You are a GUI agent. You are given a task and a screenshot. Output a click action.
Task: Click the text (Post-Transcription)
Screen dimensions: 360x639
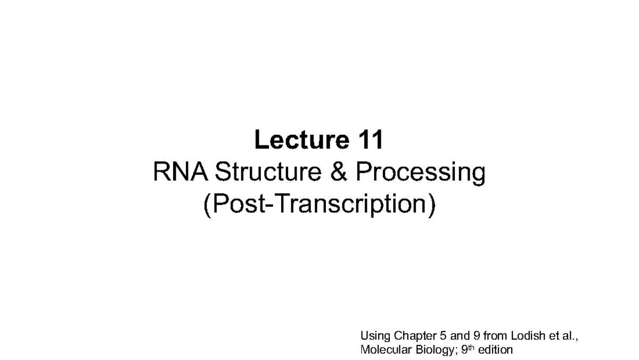pyautogui.click(x=319, y=205)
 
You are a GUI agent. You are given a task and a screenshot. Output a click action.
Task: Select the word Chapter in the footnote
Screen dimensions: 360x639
pyautogui.click(x=411, y=336)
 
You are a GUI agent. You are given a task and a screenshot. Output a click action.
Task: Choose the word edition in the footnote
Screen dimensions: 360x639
pyautogui.click(x=496, y=350)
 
